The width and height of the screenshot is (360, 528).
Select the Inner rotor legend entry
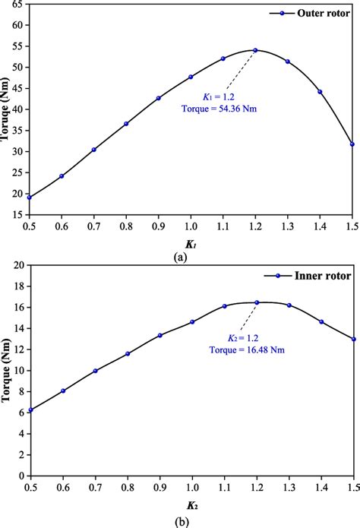click(x=318, y=276)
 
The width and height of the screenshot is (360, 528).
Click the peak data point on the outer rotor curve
click(x=255, y=50)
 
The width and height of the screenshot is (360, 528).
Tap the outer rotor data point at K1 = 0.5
click(x=29, y=198)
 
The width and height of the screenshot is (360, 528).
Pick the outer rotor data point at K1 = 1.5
click(x=352, y=144)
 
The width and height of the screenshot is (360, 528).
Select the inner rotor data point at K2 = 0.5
click(x=29, y=410)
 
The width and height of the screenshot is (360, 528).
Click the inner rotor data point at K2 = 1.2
click(x=255, y=302)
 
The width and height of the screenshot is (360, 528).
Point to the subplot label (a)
click(x=180, y=258)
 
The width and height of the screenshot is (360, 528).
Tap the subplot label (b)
click(x=180, y=520)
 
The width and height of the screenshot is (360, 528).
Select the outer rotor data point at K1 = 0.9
click(x=158, y=98)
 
